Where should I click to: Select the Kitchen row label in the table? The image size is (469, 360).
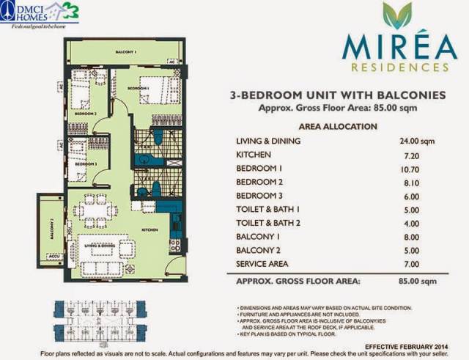254,155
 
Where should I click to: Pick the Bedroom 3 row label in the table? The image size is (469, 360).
262,196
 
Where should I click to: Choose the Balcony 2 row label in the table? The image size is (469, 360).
260,250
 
